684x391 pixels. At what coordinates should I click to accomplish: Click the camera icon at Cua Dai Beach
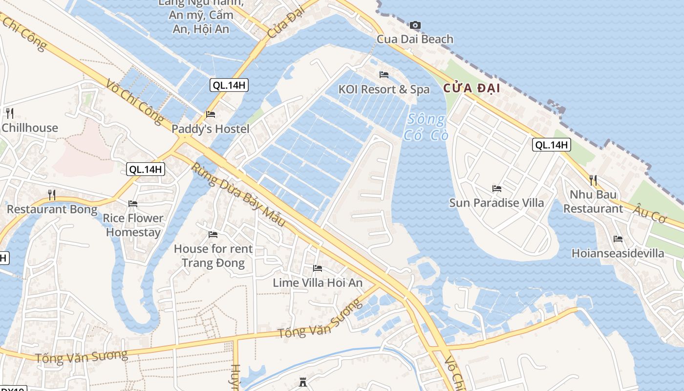[415, 25]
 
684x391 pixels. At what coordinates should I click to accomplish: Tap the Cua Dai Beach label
[415, 39]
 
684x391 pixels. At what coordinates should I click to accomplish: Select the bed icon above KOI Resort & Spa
[384, 75]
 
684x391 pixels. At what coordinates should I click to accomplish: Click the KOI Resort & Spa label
[384, 89]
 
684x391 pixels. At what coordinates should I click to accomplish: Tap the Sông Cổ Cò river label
[426, 127]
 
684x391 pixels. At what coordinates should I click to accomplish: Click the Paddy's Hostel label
[211, 129]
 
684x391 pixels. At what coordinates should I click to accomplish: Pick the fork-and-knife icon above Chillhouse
[10, 113]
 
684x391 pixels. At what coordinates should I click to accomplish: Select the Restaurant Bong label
[52, 209]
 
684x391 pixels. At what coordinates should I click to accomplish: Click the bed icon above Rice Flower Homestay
[133, 203]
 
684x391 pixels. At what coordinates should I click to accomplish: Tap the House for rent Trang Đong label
[213, 256]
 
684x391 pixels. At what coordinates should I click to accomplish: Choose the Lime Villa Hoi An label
[318, 282]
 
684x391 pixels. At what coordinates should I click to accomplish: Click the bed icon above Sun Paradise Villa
[497, 188]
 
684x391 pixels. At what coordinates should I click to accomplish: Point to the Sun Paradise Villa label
[496, 202]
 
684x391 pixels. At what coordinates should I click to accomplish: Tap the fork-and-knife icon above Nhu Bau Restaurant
[593, 180]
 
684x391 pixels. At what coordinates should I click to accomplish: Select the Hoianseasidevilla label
[618, 253]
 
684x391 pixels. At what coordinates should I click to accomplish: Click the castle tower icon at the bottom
[303, 382]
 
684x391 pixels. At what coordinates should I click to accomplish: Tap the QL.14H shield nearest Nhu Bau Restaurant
[551, 145]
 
